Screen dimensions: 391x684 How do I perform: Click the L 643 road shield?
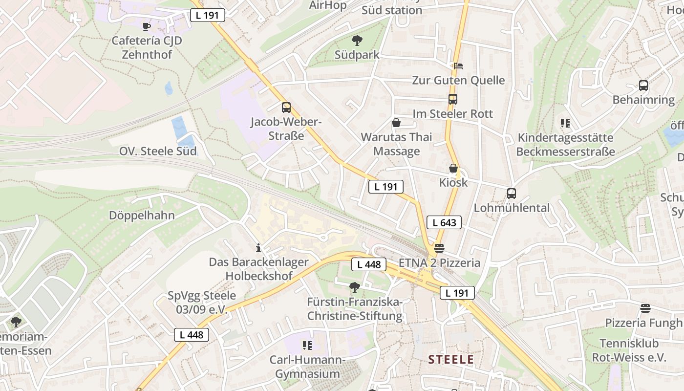point(444,223)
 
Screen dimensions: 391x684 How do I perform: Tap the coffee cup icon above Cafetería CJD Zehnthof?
point(146,26)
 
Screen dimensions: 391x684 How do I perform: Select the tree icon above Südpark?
point(357,41)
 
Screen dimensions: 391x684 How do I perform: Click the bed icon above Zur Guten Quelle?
point(458,66)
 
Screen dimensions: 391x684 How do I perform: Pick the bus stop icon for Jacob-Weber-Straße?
point(286,108)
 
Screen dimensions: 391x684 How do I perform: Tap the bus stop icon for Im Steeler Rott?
point(453,99)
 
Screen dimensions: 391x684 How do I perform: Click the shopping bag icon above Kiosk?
point(453,169)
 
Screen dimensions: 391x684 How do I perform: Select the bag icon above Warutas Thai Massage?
point(396,123)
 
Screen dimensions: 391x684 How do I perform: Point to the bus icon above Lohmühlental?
point(512,194)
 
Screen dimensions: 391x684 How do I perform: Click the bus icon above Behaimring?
point(643,86)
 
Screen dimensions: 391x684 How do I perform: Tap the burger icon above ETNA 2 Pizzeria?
point(439,248)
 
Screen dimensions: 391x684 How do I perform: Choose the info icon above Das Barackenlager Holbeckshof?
point(258,248)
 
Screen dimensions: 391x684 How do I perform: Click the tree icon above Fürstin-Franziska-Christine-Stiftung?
point(355,287)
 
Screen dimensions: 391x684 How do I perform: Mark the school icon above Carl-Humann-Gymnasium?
point(307,346)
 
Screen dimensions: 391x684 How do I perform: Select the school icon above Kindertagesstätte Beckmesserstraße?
point(565,123)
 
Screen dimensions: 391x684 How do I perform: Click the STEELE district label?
point(451,360)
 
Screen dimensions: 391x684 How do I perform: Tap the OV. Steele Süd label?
point(158,151)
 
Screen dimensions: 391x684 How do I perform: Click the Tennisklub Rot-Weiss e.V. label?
point(629,350)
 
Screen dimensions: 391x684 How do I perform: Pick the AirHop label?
point(328,5)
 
